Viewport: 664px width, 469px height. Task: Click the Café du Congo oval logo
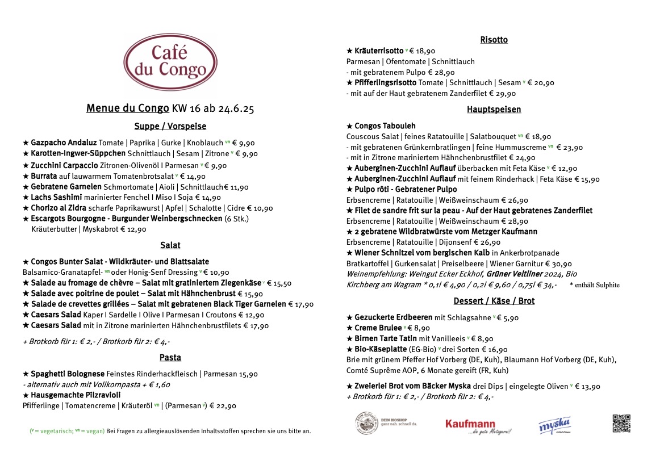(x=170, y=62)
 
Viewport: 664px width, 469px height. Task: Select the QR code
(x=621, y=424)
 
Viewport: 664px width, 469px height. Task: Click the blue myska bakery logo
(x=554, y=425)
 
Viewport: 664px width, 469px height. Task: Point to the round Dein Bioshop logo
(x=368, y=423)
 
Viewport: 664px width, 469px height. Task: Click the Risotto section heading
(x=494, y=40)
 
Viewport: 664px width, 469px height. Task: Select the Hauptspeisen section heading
(x=494, y=109)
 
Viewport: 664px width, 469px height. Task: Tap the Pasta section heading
(x=170, y=357)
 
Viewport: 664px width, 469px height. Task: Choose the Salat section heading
(x=170, y=245)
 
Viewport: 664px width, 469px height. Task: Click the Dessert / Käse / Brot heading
(x=494, y=301)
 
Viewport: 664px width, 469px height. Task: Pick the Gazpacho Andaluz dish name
(x=64, y=143)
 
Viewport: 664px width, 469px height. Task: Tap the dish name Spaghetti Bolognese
(x=68, y=374)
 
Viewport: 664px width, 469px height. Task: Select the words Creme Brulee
(x=378, y=328)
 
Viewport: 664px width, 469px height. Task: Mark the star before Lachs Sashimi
(x=26, y=198)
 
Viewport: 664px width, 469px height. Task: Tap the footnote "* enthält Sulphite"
(x=594, y=285)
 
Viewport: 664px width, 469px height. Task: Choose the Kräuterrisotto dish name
(x=379, y=51)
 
